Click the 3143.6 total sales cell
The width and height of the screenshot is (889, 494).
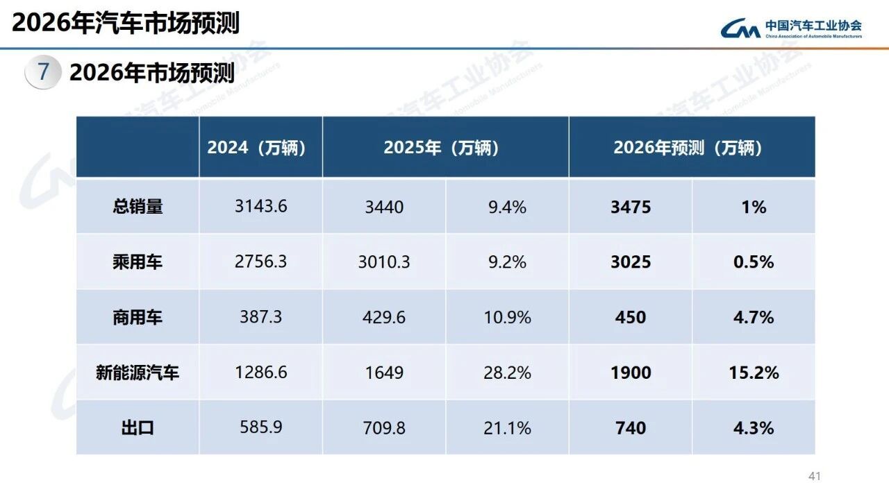[260, 207]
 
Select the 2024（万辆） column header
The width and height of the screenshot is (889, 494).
[256, 148]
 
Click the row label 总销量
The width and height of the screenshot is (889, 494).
[138, 207]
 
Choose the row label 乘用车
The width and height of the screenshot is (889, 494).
[138, 262]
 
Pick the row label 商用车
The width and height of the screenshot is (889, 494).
[138, 317]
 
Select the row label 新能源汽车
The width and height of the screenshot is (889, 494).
[138, 373]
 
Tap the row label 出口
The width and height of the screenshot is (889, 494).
[138, 428]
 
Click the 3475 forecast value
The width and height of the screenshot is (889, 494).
[631, 207]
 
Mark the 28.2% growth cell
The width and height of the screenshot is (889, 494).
[507, 373]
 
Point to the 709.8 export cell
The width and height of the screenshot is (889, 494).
[384, 428]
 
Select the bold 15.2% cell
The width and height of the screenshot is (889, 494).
[754, 373]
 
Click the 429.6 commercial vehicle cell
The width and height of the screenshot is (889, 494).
[384, 317]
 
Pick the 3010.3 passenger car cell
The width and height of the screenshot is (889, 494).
[384, 262]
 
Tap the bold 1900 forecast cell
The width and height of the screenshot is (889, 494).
[631, 373]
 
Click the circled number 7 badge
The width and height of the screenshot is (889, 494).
[43, 72]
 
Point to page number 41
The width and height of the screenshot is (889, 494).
[815, 477]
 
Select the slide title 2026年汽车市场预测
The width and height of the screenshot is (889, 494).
[126, 23]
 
